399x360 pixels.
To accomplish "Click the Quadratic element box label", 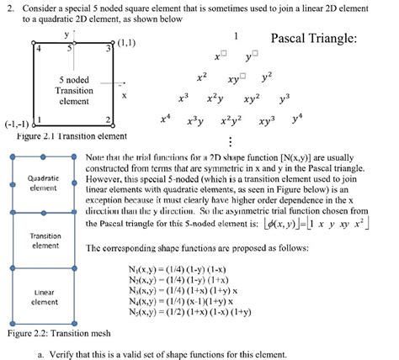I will [42, 183].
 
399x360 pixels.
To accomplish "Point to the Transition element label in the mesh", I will [42, 241].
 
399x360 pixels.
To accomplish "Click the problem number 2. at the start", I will [8, 7].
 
